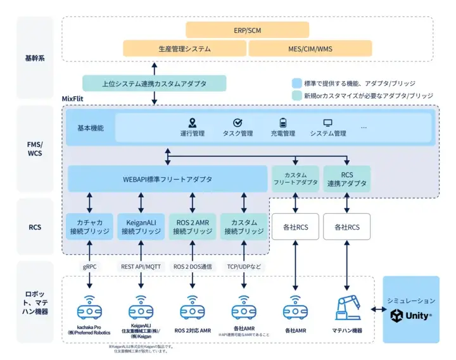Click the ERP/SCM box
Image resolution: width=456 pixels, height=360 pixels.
(x=247, y=30)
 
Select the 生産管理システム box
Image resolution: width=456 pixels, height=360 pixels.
(x=185, y=49)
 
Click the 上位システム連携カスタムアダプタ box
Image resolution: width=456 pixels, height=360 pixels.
(x=154, y=83)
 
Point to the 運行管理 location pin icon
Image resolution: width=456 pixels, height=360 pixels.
(x=193, y=123)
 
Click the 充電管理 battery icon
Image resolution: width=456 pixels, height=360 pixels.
(x=283, y=123)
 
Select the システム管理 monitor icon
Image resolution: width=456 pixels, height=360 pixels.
(x=327, y=123)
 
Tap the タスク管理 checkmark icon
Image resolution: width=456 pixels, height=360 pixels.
(x=237, y=123)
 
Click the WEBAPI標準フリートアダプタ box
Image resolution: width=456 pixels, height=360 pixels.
(x=167, y=179)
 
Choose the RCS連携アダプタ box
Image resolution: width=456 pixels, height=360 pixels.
(x=346, y=178)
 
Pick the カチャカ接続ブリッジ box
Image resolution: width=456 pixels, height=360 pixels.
(x=90, y=226)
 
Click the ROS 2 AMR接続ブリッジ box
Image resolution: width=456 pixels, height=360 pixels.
(x=193, y=226)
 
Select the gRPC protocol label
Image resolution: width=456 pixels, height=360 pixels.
(x=89, y=267)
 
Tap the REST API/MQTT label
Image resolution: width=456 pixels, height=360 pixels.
(x=141, y=267)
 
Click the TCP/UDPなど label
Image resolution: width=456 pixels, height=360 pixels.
(x=244, y=267)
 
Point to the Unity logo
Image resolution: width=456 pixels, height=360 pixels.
(x=411, y=315)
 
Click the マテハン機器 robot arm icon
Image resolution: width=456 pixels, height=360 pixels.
(x=348, y=307)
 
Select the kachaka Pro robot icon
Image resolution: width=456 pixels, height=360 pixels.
(x=89, y=311)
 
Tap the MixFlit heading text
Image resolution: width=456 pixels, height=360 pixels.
(x=75, y=99)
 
